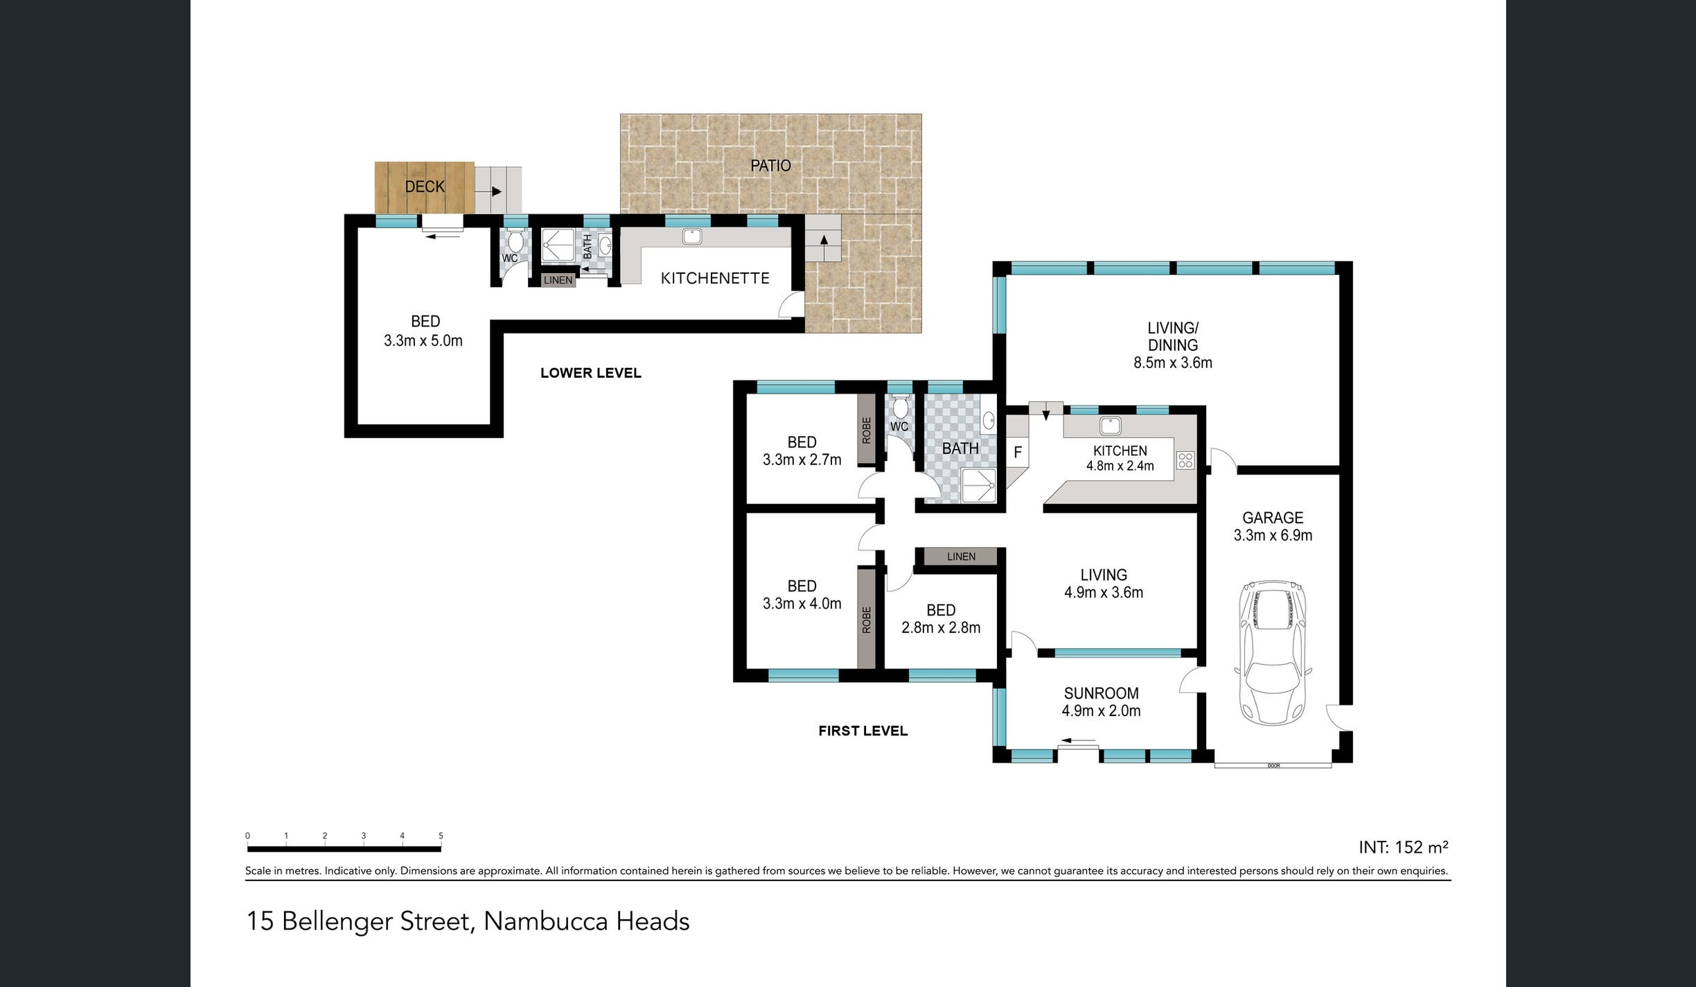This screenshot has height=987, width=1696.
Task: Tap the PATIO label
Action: coord(770,166)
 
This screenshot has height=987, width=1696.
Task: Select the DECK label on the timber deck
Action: coord(425,186)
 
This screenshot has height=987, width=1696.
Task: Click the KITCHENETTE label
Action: coord(715,278)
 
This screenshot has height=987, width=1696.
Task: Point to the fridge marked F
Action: coord(1018,453)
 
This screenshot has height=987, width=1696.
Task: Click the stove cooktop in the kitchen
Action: coord(1185,460)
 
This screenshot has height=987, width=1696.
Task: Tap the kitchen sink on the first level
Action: coord(1110,425)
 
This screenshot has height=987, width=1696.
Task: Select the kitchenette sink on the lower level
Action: coord(692,236)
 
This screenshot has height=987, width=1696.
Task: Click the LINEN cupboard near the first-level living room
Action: coord(961,557)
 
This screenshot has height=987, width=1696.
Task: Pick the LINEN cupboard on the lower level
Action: coord(558,280)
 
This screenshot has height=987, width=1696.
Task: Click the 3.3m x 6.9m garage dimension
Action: coord(1273,535)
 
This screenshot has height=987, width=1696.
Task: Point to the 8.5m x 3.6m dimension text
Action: coord(1173,363)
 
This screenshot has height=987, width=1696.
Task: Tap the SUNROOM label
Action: coord(1102,693)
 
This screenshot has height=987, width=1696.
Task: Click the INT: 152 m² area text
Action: coord(1404,847)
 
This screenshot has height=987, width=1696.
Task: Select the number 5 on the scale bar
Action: coord(441,836)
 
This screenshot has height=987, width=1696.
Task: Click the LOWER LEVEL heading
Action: coord(591,373)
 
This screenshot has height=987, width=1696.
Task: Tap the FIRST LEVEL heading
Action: coord(863,731)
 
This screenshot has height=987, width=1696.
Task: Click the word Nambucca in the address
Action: coord(547,921)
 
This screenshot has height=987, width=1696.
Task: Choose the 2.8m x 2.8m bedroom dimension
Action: coord(941,627)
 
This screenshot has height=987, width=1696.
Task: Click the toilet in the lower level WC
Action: coord(515,241)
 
